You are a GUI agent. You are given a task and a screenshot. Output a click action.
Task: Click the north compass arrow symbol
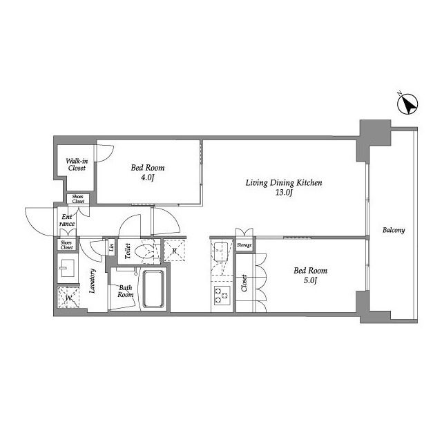407,104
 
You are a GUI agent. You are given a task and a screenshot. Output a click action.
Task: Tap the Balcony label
394,230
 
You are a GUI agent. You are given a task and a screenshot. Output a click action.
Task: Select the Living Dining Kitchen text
284,182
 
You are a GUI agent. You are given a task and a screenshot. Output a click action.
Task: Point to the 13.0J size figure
284,193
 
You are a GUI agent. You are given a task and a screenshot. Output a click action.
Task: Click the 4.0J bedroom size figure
148,177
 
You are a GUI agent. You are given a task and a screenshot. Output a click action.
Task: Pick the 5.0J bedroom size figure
310,281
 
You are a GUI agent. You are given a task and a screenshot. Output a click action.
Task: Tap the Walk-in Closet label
77,164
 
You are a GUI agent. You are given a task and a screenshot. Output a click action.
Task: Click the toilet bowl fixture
144,251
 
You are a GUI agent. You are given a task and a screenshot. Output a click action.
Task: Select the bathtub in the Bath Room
153,289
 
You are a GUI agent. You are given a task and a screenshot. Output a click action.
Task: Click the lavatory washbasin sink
67,268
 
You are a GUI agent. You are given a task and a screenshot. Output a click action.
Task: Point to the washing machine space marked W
68,298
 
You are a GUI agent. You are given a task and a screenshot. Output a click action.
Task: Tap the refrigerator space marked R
175,251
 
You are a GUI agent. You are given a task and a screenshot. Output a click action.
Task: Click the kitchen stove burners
222,296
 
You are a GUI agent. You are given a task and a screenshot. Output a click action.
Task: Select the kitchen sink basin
220,249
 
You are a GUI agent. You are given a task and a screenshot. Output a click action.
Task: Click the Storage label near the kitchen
244,245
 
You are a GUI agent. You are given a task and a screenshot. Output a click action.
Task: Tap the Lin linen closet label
112,247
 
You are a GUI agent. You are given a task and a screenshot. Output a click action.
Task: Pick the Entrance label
67,220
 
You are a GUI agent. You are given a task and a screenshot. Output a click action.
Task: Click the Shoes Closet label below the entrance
67,245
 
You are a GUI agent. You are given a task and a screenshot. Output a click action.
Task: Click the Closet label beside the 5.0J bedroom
244,283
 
